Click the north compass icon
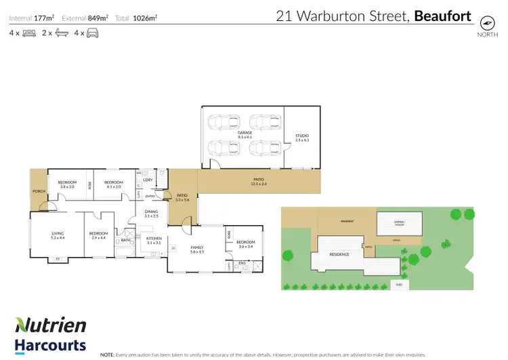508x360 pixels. coord(486,22)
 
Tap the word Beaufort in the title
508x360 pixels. coord(442,16)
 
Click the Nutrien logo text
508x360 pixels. coord(51,325)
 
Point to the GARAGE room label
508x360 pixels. coord(245,134)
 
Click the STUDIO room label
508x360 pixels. coord(301,136)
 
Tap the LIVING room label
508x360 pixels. coord(57,234)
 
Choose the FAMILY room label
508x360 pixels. coord(197,248)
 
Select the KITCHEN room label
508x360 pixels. coord(154,238)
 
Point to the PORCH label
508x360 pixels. coord(38,191)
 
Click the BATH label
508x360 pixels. coord(125,239)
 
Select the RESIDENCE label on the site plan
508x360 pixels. coord(339,254)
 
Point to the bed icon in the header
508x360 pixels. coord(29,33)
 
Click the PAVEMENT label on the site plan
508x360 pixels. coord(348,221)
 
